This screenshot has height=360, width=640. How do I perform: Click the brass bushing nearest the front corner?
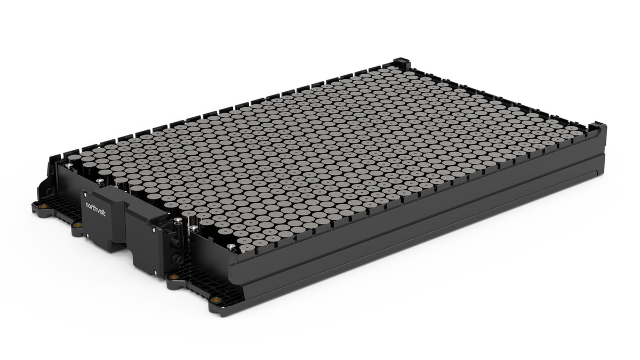click(x=216, y=300)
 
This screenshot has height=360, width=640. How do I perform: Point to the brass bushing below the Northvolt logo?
click(x=77, y=226)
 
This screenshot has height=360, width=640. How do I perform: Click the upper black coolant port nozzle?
click(x=173, y=243)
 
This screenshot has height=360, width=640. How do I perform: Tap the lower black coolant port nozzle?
click(x=173, y=259)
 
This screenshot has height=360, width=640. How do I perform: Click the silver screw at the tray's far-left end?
click(x=68, y=165)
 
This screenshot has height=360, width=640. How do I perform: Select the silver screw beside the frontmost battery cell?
click(x=231, y=246)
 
